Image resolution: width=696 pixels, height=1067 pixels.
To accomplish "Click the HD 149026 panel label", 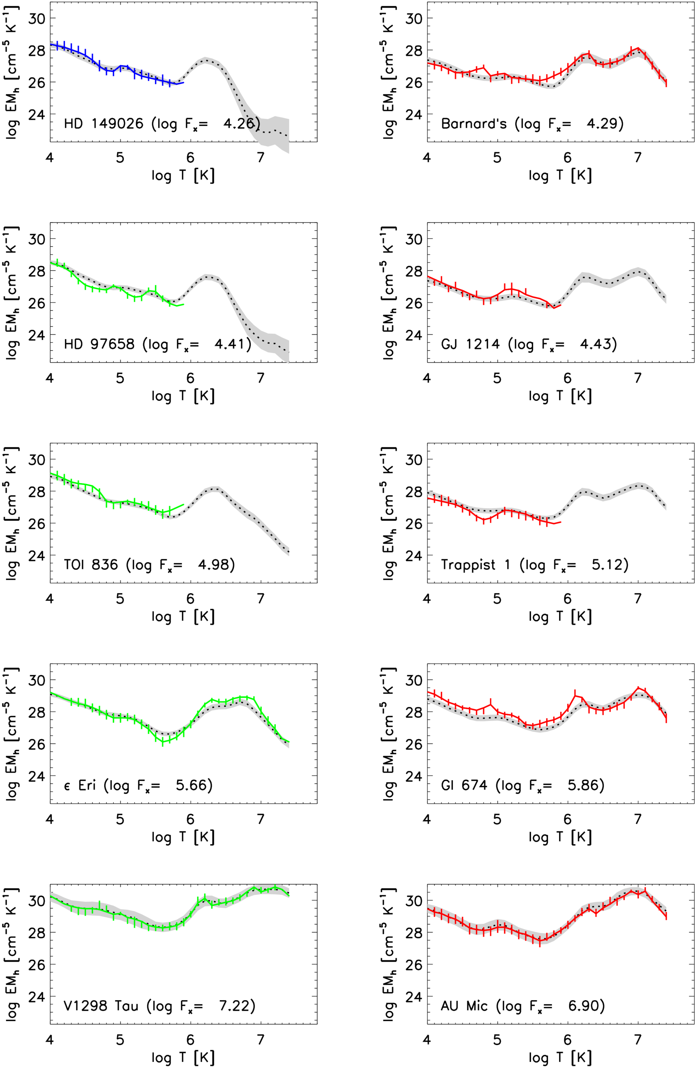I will pyautogui.click(x=103, y=123).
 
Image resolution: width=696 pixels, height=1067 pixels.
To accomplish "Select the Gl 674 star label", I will pyautogui.click(x=464, y=786).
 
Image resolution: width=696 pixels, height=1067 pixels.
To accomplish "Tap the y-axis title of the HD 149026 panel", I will pyautogui.click(x=12, y=72).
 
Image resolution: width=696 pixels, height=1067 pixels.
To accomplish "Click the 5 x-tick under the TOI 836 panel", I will pyautogui.click(x=120, y=598).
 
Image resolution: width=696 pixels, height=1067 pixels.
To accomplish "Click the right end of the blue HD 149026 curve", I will pyautogui.click(x=183, y=82).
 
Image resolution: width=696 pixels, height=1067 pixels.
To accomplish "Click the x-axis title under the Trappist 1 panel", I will pyautogui.click(x=560, y=617).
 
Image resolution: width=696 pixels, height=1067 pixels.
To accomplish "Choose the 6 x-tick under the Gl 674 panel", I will pyautogui.click(x=567, y=820).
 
